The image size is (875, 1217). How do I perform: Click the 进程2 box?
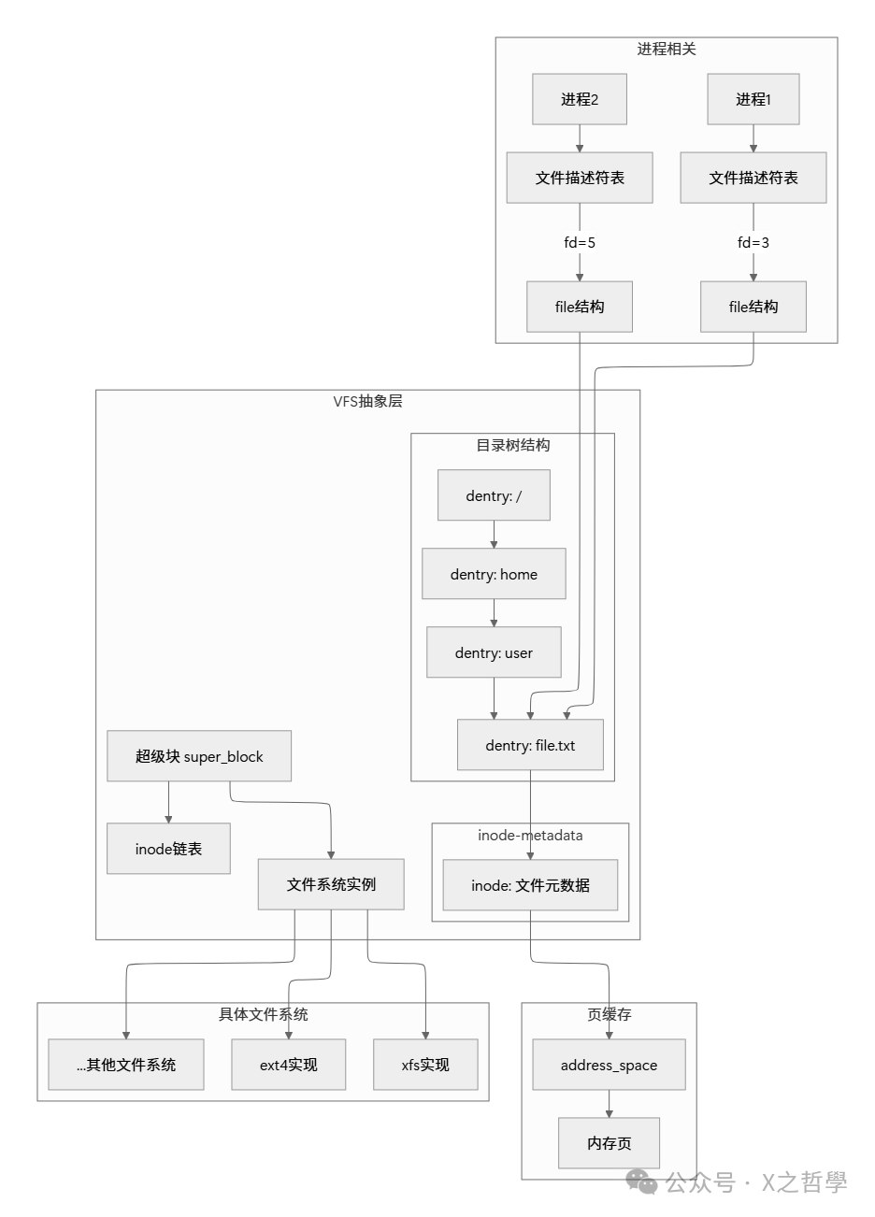click(x=580, y=99)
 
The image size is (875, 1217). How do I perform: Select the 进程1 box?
click(x=753, y=99)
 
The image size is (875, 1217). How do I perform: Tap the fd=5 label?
click(x=580, y=242)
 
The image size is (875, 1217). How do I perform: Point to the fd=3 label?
click(x=753, y=242)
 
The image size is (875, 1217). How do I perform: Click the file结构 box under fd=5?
click(x=580, y=307)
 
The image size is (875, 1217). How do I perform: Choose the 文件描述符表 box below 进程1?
click(x=753, y=178)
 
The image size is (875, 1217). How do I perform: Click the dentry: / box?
click(x=494, y=495)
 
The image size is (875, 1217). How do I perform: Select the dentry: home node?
click(x=494, y=574)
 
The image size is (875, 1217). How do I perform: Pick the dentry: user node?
click(x=494, y=652)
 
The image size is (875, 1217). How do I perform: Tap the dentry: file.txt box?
click(x=530, y=745)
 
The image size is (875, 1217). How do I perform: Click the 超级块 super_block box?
click(x=199, y=756)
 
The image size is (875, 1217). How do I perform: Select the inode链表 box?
click(x=168, y=849)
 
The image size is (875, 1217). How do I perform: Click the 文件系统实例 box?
click(x=331, y=884)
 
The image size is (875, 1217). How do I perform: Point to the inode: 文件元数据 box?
click(x=530, y=885)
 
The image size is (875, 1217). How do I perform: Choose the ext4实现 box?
click(x=289, y=1065)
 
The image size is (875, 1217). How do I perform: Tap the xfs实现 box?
click(x=425, y=1065)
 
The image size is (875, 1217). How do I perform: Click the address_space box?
click(x=609, y=1065)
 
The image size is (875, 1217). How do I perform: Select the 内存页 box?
click(x=609, y=1142)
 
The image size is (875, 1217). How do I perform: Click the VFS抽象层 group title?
click(x=367, y=402)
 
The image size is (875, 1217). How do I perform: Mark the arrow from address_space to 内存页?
click(x=609, y=1104)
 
